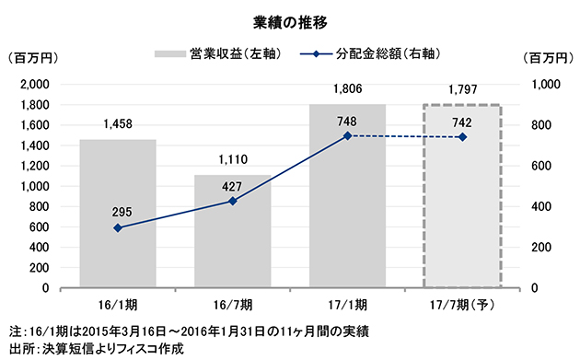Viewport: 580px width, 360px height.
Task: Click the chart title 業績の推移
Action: tap(290, 19)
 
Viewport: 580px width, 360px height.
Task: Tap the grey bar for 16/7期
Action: tap(232, 231)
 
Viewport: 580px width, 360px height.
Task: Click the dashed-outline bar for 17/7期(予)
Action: tap(462, 197)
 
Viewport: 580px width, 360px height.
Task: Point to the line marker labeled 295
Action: tap(117, 227)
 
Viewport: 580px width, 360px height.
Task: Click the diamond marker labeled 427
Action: tap(232, 201)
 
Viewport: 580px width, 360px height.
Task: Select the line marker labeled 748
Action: tap(347, 135)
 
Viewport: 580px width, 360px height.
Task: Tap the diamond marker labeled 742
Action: tap(462, 137)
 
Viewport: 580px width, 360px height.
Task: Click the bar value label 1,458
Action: tap(117, 123)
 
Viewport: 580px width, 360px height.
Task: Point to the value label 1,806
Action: tap(347, 88)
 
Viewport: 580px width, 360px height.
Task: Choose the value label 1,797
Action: tap(462, 89)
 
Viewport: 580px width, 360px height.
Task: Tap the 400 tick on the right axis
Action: tap(542, 206)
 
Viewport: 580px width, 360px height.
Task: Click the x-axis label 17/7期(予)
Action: tap(462, 304)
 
